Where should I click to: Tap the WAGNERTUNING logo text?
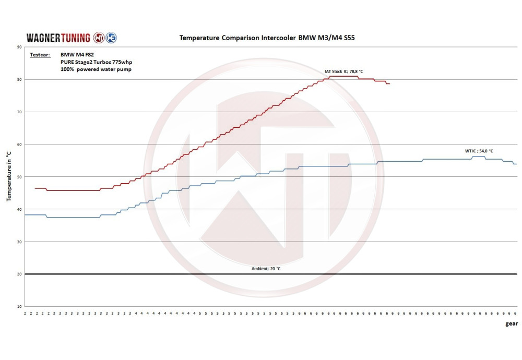58,38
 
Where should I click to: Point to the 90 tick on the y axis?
19,47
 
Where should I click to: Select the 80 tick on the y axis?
19,79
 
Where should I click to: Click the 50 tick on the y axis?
19,177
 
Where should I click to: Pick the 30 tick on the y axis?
19,242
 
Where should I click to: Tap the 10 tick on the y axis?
19,306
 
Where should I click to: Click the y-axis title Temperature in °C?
8,177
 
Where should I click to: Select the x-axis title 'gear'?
511,323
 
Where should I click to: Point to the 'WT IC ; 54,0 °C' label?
479,151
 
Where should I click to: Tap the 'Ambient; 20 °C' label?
266,269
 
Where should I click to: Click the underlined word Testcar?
40,54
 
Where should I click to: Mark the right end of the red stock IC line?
389,83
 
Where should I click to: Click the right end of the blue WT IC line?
516,164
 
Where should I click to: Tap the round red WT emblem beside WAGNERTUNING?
99,38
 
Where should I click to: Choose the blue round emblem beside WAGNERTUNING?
111,38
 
